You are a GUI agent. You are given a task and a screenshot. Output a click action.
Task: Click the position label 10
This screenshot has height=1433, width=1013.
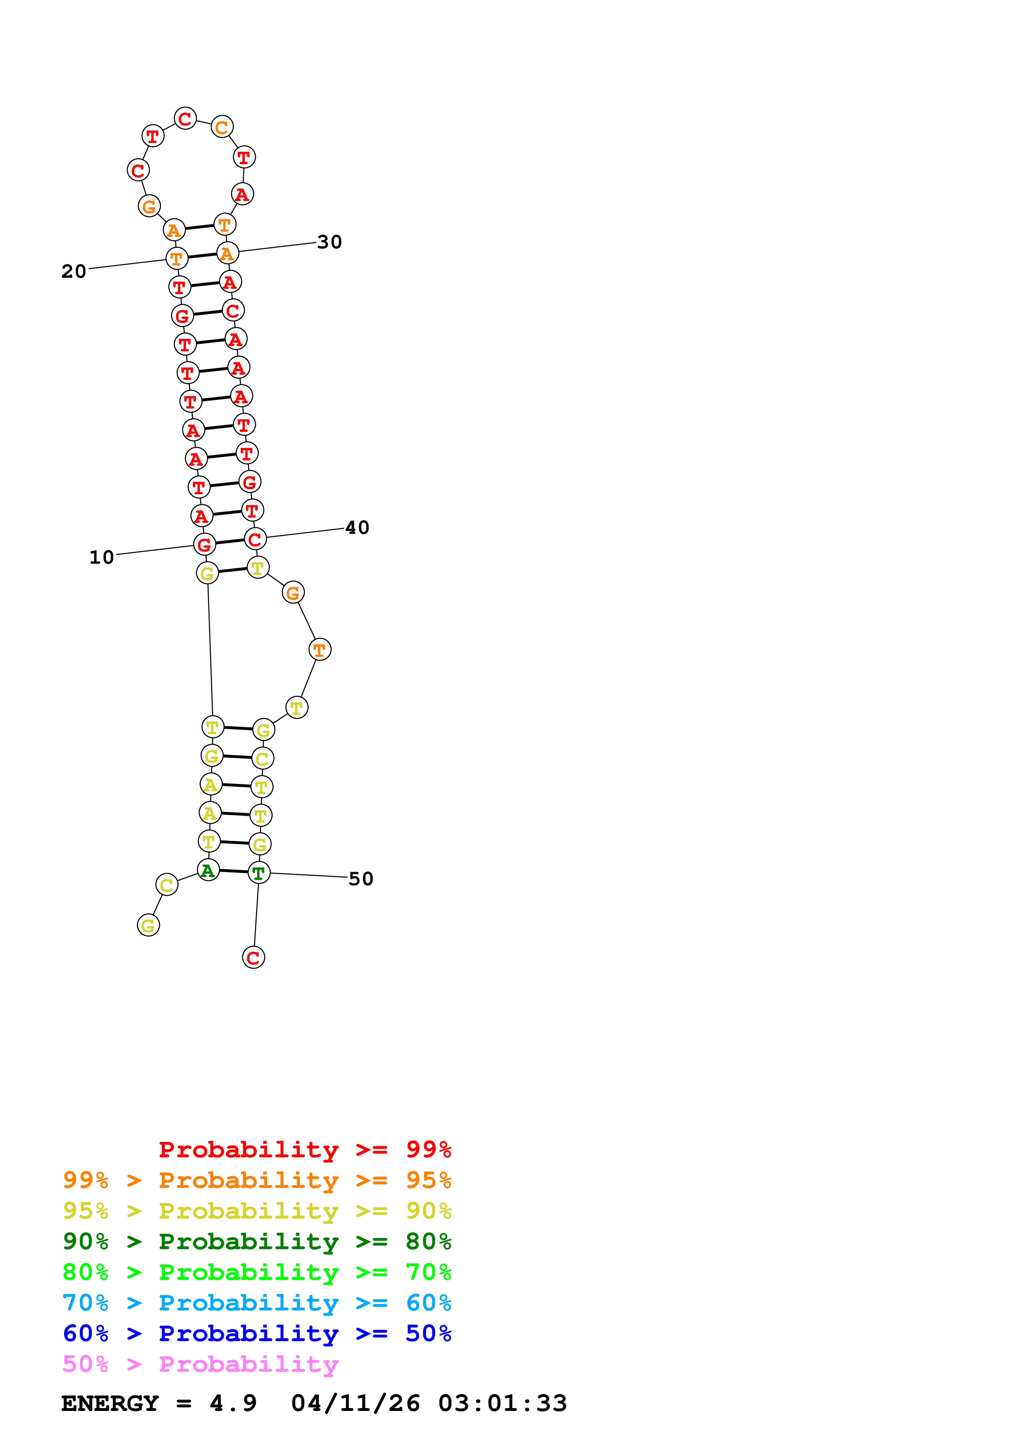(x=102, y=557)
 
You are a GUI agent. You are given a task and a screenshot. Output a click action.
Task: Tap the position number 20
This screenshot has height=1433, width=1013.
(x=74, y=272)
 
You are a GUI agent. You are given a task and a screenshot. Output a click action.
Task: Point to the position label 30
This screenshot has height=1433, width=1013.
(x=329, y=242)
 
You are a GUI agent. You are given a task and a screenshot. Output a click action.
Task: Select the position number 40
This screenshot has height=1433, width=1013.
(x=358, y=528)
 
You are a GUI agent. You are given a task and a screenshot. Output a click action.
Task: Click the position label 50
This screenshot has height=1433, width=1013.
(x=361, y=879)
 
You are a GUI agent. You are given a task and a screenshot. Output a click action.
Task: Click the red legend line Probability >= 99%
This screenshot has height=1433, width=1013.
(x=304, y=1150)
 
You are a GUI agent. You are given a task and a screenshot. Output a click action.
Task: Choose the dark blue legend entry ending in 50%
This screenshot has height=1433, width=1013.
(x=257, y=1333)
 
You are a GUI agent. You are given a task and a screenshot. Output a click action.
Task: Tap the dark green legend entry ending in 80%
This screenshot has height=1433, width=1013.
(x=257, y=1241)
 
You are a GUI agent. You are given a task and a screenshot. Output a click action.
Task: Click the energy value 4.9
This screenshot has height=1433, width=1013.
(x=233, y=1403)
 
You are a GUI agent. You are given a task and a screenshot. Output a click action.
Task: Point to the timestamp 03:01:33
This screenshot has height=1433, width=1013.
(x=503, y=1403)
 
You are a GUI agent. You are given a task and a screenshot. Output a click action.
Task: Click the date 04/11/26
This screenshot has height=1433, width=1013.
(x=355, y=1403)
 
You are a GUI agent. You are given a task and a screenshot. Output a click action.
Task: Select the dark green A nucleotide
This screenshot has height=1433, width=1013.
(x=208, y=870)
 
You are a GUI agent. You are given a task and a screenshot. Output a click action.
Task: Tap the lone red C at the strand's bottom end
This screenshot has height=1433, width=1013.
(x=253, y=958)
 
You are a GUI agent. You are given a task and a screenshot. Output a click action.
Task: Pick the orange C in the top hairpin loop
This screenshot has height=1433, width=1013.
(x=221, y=127)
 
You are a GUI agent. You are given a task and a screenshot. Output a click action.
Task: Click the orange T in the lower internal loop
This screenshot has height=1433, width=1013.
(x=320, y=650)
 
